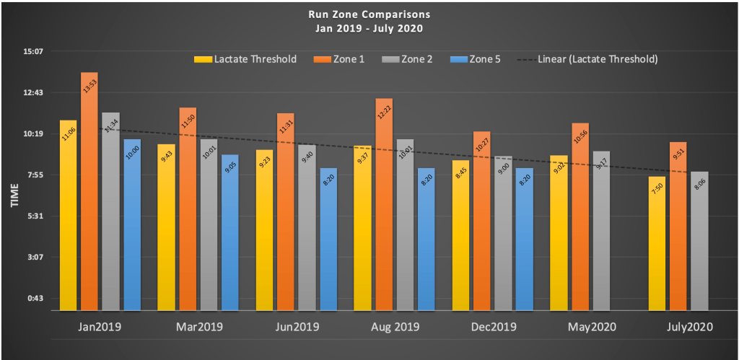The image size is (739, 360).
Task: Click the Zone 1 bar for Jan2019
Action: [x=89, y=195]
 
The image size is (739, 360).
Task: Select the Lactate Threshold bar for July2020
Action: [x=657, y=245]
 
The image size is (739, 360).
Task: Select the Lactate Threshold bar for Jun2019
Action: [x=265, y=231]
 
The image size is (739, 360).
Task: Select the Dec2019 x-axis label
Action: [x=494, y=327]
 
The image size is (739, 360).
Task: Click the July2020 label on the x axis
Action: [x=689, y=327]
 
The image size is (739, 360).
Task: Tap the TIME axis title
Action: [x=14, y=196]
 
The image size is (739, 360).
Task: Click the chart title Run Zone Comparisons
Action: [x=369, y=14]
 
